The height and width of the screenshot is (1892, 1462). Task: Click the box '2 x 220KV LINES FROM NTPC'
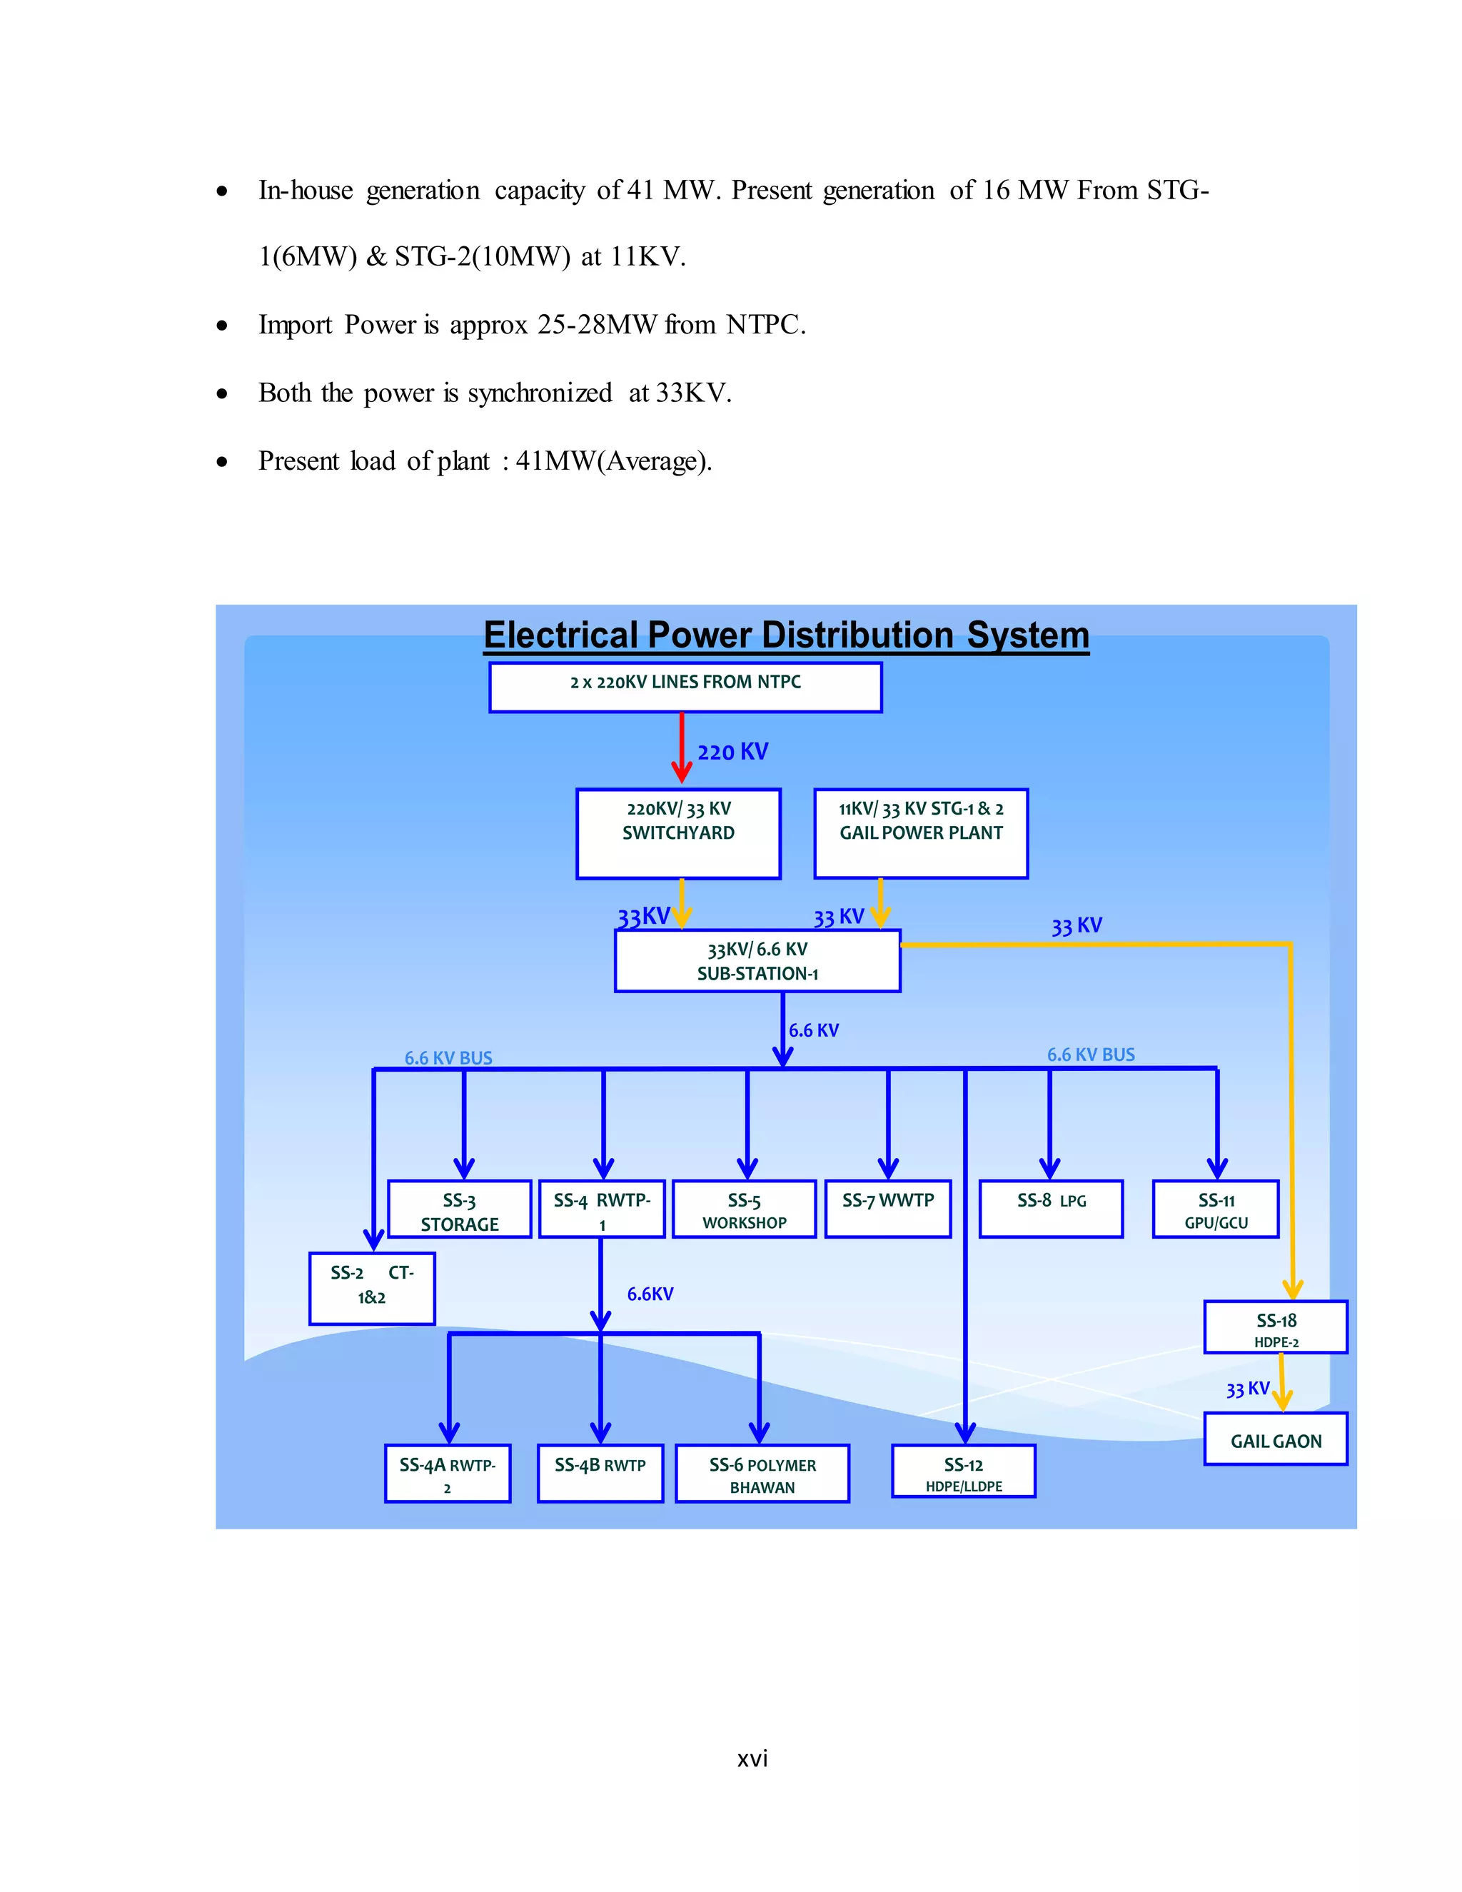click(x=685, y=687)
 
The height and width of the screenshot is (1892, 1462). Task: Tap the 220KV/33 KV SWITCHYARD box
click(x=678, y=832)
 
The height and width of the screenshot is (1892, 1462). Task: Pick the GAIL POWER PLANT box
click(x=921, y=832)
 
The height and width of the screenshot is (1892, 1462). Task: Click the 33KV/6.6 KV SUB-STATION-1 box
click(x=757, y=961)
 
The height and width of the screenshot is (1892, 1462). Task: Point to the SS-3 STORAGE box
click(x=459, y=1209)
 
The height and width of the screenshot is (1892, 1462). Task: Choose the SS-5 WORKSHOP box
click(x=744, y=1209)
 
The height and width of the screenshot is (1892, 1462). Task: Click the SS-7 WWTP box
click(x=888, y=1209)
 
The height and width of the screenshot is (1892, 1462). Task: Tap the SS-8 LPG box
click(x=1051, y=1209)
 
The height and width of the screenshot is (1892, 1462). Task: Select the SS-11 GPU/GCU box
click(x=1215, y=1209)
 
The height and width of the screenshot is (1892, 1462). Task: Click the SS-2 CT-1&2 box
click(x=371, y=1287)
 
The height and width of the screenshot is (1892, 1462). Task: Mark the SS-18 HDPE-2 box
click(x=1275, y=1327)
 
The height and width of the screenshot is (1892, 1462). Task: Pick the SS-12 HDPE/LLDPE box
click(x=963, y=1471)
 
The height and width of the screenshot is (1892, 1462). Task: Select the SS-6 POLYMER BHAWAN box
click(x=762, y=1474)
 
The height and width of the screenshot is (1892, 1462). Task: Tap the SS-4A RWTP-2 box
click(x=447, y=1474)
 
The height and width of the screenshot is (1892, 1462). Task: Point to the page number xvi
click(x=752, y=1759)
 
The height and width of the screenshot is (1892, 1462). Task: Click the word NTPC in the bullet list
click(x=764, y=325)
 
